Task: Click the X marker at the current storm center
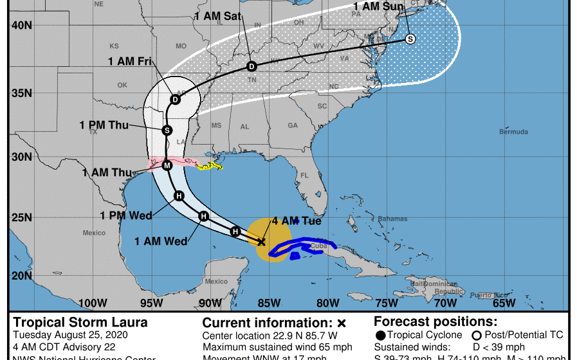coord(261,242)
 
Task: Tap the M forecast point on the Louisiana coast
coord(167,165)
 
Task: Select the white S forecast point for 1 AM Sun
coord(410,39)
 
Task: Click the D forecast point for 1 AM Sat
coord(252,66)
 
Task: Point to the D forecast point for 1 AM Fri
coord(175,99)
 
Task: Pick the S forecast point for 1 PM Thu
coord(167,130)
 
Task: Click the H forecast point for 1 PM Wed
coord(179,196)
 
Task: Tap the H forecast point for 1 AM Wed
coord(203,216)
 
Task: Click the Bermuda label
coord(514,132)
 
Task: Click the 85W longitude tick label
coord(269,303)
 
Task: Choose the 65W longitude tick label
coord(504,303)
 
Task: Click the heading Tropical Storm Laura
coord(80,322)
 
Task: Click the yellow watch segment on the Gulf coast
coord(210,166)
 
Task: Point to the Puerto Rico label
coord(483,295)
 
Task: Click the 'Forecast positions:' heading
coord(435,322)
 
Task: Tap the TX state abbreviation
coord(93,132)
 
